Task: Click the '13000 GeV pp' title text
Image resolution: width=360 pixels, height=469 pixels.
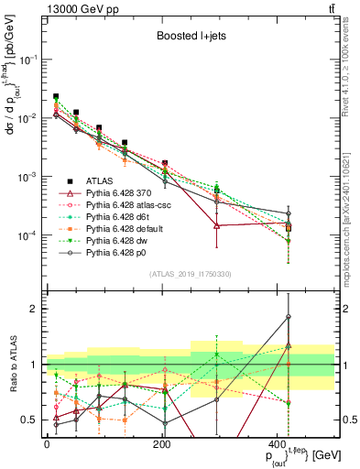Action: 78,7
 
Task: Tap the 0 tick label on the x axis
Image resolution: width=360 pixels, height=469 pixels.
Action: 46,443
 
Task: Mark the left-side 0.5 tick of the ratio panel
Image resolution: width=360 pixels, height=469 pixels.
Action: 31,420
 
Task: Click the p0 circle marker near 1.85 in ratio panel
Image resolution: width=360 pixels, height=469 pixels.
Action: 289,317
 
